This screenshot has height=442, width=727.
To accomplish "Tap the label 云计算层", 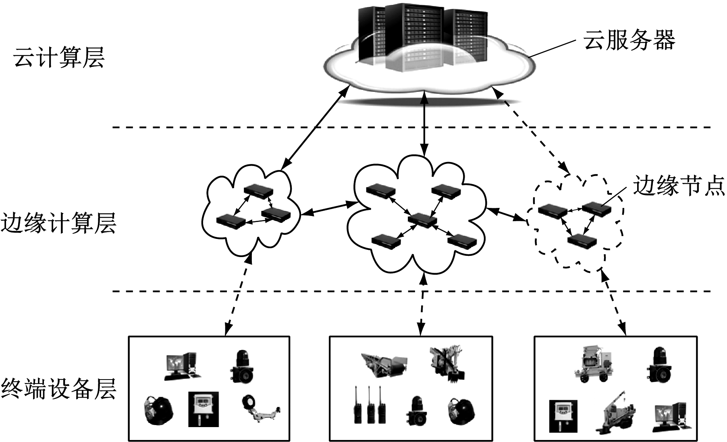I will pos(59,58).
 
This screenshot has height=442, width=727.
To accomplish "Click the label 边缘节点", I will pos(679,186).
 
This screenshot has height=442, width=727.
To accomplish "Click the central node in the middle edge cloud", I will pos(422,220).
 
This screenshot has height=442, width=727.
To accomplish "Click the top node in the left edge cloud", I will pos(258,191).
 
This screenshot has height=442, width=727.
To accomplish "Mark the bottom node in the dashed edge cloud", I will pos(582,241).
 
